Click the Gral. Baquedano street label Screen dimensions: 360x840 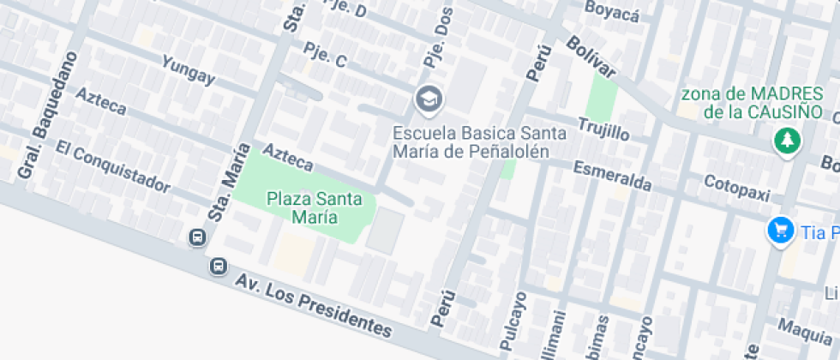[47, 116]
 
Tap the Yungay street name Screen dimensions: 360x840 [188, 69]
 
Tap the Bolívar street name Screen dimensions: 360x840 [590, 57]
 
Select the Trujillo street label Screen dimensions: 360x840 [603, 129]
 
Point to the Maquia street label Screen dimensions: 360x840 [804, 330]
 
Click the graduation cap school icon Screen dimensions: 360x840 [428, 99]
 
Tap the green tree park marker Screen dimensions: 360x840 [785, 141]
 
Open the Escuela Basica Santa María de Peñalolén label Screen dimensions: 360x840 [479, 142]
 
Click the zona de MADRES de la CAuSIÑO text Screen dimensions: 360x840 [753, 102]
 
